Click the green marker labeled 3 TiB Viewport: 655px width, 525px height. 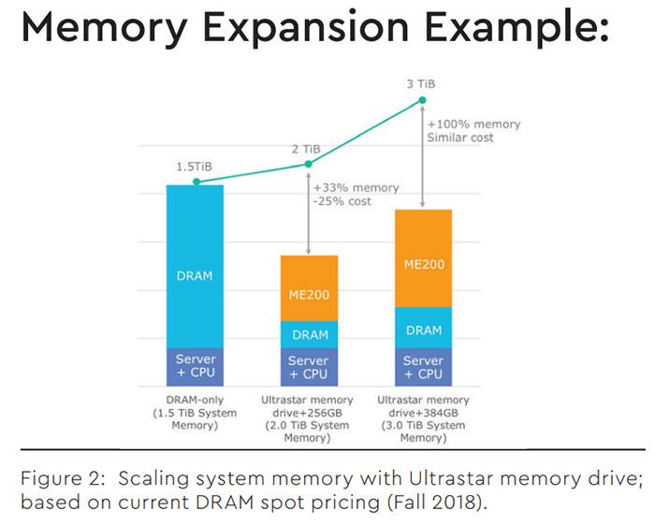tap(422, 100)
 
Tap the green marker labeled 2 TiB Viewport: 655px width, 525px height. tap(308, 164)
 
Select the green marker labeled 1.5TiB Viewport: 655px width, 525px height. tap(196, 182)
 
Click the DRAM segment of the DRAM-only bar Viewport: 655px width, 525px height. tap(195, 267)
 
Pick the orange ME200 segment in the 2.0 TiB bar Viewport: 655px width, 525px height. tap(309, 288)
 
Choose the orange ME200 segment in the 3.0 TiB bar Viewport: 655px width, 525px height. tap(424, 258)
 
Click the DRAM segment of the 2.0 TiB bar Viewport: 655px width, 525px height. tap(309, 334)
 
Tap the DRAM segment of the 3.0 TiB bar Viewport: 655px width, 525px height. tap(424, 328)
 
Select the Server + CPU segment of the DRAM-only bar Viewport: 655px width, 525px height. tap(195, 367)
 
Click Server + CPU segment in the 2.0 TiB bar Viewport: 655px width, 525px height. tap(309, 367)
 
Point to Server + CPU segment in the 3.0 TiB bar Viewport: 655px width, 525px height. tap(424, 367)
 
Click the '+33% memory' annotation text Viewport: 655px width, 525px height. tap(357, 188)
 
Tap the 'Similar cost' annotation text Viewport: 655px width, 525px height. tap(460, 138)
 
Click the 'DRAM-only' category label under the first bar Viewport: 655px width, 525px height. tap(195, 401)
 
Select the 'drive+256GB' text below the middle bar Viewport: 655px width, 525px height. tap(308, 413)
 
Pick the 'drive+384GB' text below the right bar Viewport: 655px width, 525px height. tap(424, 413)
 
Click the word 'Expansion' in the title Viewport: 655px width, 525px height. tap(306, 28)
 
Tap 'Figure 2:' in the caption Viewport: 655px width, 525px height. tap(63, 478)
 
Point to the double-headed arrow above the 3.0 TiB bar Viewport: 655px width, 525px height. tap(422, 156)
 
